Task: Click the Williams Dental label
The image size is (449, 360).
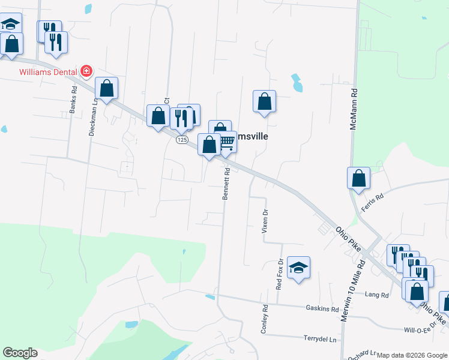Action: click(47, 71)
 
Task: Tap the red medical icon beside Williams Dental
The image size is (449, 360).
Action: click(86, 71)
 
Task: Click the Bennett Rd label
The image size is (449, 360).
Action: click(228, 187)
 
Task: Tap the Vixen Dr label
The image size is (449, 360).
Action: click(265, 220)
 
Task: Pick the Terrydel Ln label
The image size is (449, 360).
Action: click(320, 339)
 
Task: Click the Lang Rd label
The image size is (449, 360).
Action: click(376, 295)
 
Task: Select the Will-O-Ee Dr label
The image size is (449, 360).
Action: click(419, 330)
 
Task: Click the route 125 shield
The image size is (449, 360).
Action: click(182, 140)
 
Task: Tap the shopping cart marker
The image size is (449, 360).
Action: click(226, 143)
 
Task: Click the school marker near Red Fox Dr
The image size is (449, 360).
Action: click(298, 268)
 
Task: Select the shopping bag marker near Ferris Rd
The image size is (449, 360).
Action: click(358, 178)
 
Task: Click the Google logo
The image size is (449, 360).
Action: click(20, 353)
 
